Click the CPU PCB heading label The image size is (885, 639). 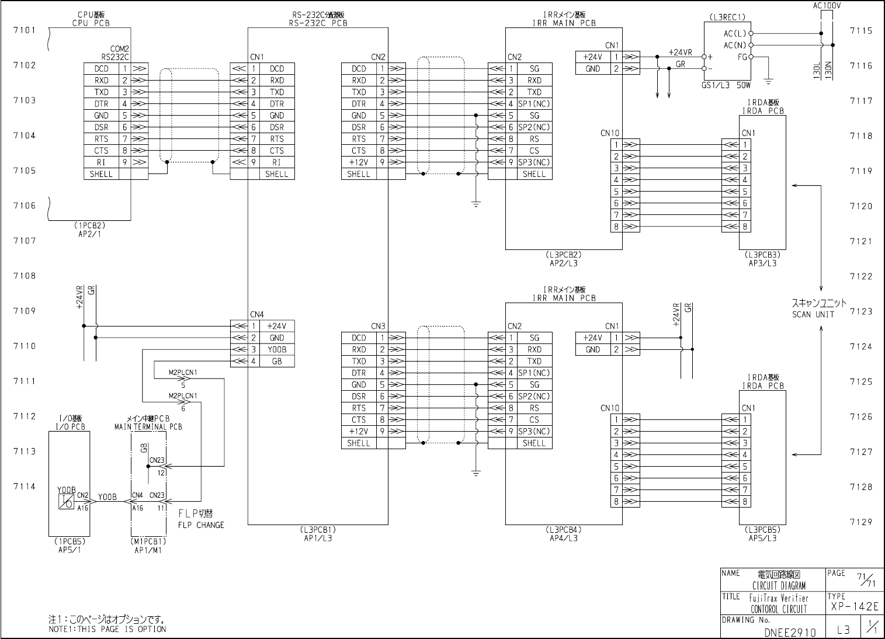91,23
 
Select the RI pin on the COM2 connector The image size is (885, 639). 101,162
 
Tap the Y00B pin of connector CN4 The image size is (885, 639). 276,349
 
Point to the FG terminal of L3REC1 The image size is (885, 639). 742,57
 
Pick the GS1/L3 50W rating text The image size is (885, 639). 726,85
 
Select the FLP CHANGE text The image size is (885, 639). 201,525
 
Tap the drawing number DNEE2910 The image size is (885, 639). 790,632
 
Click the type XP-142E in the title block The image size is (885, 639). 853,608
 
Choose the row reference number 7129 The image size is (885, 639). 861,522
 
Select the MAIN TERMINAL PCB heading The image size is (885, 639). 148,427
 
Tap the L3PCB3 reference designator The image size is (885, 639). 762,255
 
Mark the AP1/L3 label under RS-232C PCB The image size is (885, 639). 318,538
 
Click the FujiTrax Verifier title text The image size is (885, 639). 778,598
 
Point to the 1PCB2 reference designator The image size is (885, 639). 90,224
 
